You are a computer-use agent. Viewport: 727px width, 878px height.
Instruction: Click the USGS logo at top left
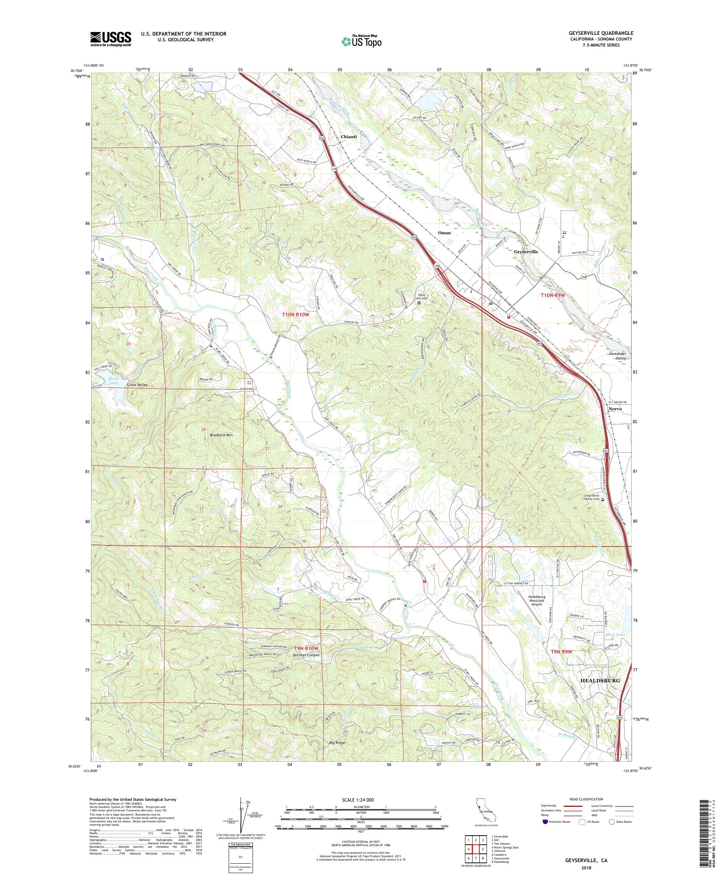[111, 39]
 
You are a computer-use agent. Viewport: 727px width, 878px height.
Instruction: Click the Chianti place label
[348, 137]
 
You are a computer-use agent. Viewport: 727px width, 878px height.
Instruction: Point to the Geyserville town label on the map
[526, 252]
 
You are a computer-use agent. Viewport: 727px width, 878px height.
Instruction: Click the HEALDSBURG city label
[601, 680]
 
